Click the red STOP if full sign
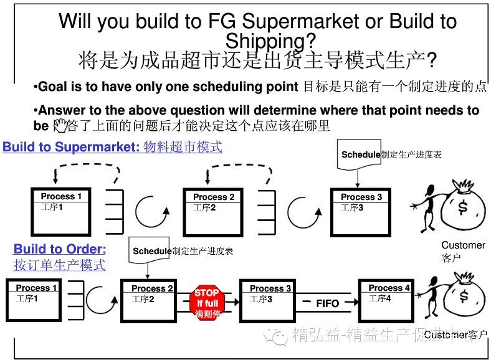coord(206,301)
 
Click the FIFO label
coord(327,303)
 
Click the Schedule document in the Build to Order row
coord(151,252)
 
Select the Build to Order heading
coord(60,249)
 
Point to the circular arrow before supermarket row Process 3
coord(305,212)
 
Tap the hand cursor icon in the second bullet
coord(60,126)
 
